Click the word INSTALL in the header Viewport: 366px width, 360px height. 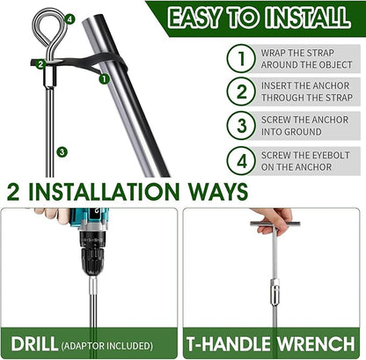click(308, 18)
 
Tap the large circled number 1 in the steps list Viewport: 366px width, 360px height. click(241, 58)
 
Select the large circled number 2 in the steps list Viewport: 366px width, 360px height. click(241, 92)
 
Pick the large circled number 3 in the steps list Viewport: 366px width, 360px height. click(241, 126)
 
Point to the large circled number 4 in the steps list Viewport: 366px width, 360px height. click(241, 161)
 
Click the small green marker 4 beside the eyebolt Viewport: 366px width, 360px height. click(70, 19)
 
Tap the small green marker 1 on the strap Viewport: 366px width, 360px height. click(104, 78)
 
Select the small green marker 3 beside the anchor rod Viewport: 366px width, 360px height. click(62, 152)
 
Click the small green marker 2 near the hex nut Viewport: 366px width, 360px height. click(40, 64)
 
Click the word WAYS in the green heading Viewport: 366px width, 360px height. click(218, 192)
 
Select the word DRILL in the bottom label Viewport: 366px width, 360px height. click(34, 343)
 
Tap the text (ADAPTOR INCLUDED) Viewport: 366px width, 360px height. click(107, 346)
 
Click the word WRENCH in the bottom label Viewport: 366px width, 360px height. click(316, 343)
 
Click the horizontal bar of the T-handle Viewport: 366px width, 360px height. click(275, 224)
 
